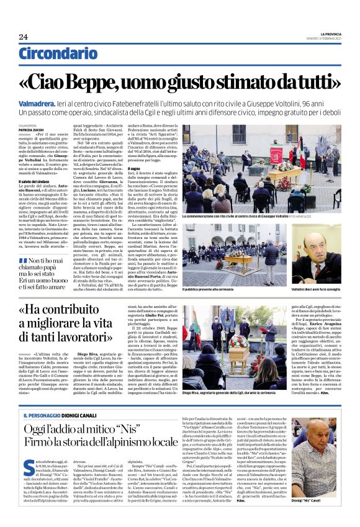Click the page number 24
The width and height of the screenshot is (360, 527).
tap(23, 37)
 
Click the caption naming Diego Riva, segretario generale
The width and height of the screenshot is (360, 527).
tap(236, 375)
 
